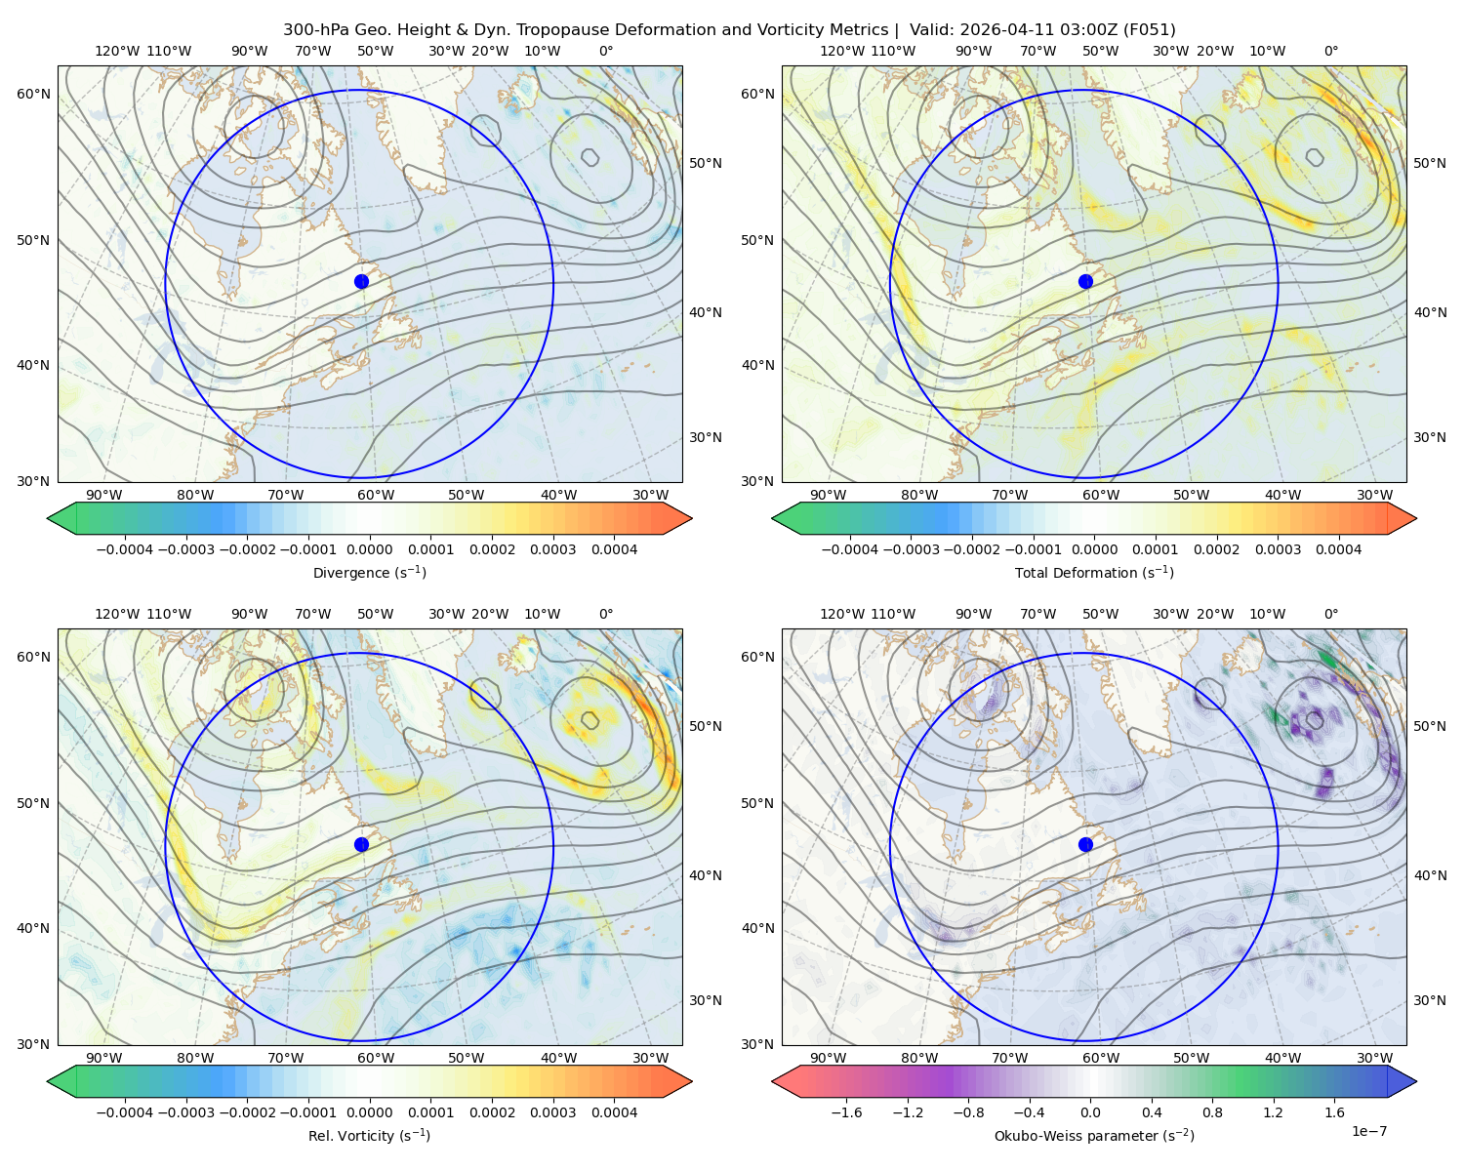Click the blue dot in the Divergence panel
(x=361, y=281)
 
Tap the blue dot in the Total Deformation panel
(x=1085, y=281)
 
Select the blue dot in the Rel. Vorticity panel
(x=361, y=844)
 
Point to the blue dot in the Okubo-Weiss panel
(x=1085, y=844)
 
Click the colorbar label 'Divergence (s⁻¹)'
(x=369, y=572)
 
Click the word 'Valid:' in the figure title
(x=929, y=30)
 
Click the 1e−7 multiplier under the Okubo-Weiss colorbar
(x=1368, y=1131)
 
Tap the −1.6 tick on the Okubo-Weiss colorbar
(x=846, y=1111)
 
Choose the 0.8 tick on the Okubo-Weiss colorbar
(x=1212, y=1111)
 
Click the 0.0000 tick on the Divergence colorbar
(x=369, y=549)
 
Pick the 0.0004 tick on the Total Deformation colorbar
(x=1338, y=549)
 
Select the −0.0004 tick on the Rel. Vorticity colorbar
(x=125, y=1111)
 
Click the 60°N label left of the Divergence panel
(x=33, y=94)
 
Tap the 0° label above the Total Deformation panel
(x=1330, y=51)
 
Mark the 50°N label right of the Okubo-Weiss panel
(x=1429, y=725)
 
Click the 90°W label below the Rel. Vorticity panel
(x=104, y=1058)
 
